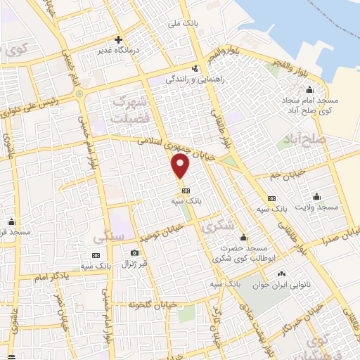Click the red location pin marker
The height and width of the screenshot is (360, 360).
pyautogui.click(x=181, y=167)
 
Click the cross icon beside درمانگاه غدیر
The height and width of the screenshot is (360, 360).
pyautogui.click(x=119, y=39)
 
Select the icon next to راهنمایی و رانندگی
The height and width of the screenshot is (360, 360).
pyautogui.click(x=195, y=68)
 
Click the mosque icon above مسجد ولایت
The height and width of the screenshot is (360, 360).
pyautogui.click(x=317, y=196)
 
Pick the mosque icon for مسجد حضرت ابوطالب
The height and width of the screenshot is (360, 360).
pyautogui.click(x=240, y=238)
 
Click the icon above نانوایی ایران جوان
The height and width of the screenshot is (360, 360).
pyautogui.click(x=282, y=274)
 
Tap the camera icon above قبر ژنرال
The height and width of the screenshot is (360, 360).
pyautogui.click(x=134, y=253)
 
